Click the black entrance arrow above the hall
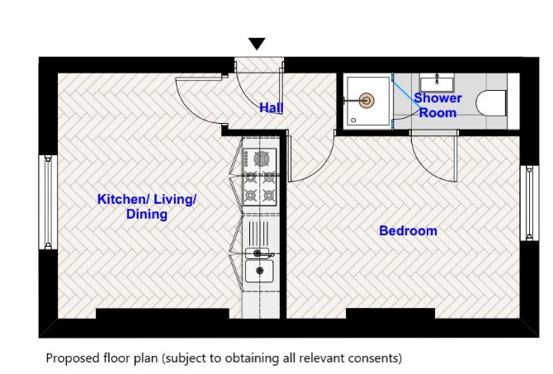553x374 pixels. (x=257, y=44)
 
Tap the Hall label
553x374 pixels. (x=272, y=107)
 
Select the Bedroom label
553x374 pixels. (x=408, y=230)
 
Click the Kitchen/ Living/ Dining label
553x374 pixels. (x=147, y=206)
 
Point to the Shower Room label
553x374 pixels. (x=437, y=105)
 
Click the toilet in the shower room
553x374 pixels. (x=492, y=102)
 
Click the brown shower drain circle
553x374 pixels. (x=366, y=101)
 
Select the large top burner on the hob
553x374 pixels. (x=261, y=158)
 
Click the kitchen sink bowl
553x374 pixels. (x=259, y=271)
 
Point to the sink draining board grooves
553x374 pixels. (x=258, y=233)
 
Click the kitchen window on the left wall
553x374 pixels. (x=48, y=202)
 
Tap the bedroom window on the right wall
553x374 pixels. (x=530, y=203)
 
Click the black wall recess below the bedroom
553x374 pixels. (x=390, y=314)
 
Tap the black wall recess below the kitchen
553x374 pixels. (x=163, y=314)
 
